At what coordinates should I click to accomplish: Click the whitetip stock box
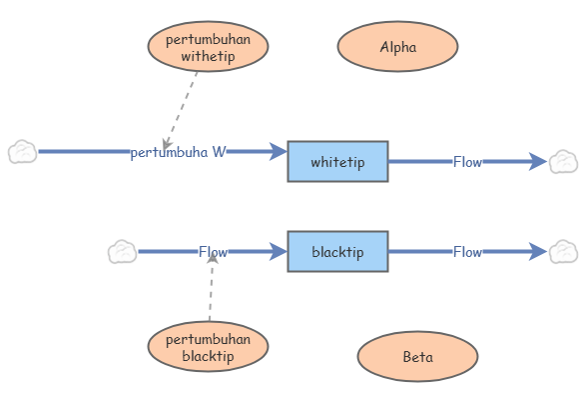point(337,161)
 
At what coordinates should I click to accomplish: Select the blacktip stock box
point(337,251)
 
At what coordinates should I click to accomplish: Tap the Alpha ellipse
point(397,46)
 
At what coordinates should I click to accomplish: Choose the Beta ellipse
point(417,356)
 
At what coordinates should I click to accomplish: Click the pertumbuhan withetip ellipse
point(208,46)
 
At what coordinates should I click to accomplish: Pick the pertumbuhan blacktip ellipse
point(208,347)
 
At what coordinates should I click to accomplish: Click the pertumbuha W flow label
point(178,152)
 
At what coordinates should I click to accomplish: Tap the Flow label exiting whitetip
point(467,162)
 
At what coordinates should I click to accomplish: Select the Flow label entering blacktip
point(213,252)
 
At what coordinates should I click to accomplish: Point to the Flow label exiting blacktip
point(467,252)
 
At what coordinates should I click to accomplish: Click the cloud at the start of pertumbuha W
point(23,152)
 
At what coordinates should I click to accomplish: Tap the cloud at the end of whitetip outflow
point(563,162)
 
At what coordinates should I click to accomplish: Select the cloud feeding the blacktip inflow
point(122,252)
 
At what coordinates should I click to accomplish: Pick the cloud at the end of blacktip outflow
point(563,252)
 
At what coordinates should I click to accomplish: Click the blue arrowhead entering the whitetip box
point(279,152)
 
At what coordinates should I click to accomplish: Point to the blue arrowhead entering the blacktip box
point(279,252)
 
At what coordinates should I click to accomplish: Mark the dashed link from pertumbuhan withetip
point(181,111)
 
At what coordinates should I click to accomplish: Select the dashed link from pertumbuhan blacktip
point(211,287)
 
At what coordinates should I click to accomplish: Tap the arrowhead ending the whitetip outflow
point(538,162)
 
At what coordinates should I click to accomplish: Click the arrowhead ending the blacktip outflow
point(538,252)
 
